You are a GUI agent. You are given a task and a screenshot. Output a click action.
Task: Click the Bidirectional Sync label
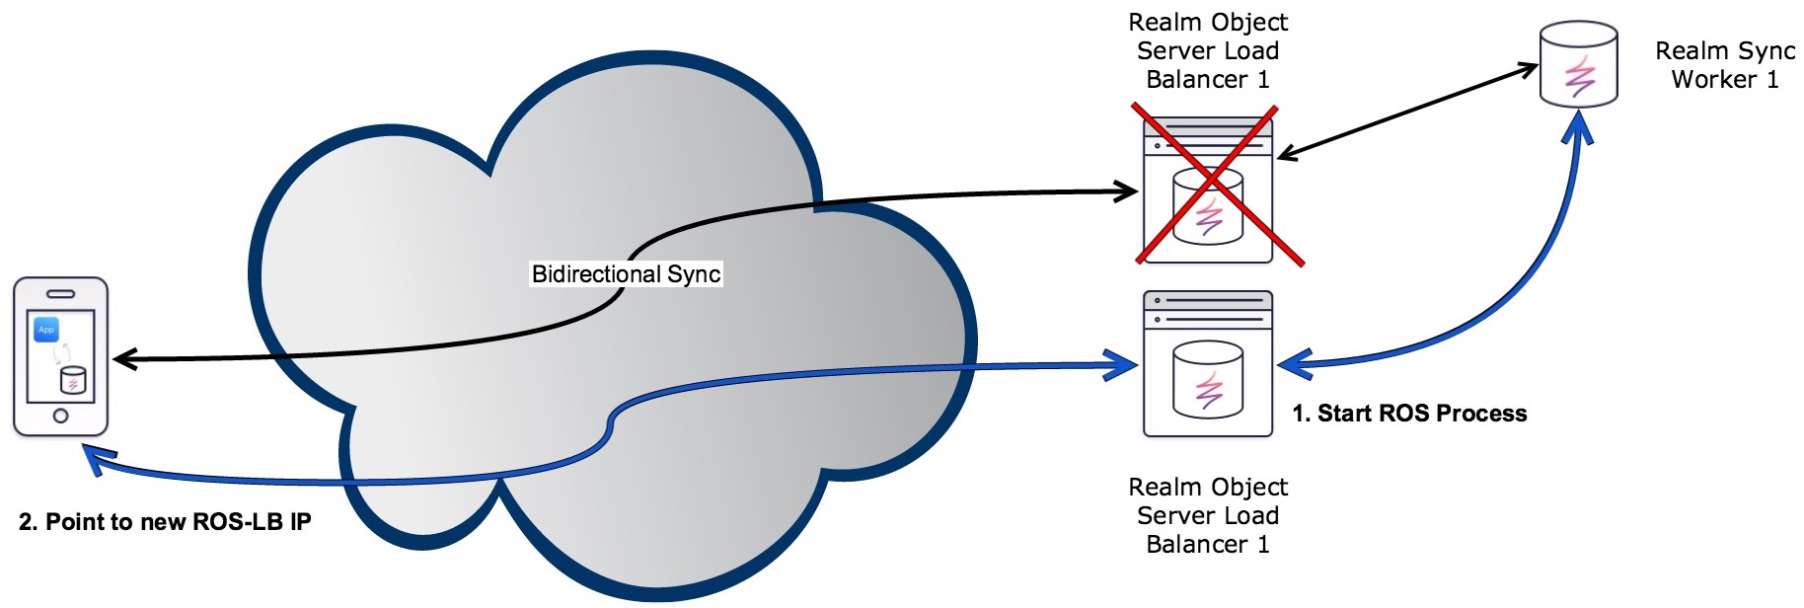pos(626,273)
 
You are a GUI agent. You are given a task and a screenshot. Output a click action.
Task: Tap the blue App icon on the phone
pos(46,329)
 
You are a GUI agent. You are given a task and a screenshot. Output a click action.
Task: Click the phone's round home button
pos(60,416)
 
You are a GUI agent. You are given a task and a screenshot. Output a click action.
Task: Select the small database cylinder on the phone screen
pos(73,380)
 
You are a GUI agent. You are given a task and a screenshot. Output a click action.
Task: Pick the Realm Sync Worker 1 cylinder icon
pos(1578,65)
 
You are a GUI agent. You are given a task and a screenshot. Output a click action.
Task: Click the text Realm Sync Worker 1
pos(1724,65)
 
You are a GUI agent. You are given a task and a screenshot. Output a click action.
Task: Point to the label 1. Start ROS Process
pos(1409,414)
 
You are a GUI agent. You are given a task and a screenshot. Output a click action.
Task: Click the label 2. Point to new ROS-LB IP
pos(165,522)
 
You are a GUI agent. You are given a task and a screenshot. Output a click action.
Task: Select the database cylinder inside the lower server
pos(1208,381)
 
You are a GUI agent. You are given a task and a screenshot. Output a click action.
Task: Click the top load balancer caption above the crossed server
pos(1207,50)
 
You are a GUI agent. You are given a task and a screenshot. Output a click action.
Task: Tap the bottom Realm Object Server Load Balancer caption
pos(1207,515)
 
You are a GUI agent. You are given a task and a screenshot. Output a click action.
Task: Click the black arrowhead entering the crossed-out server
pos(1128,191)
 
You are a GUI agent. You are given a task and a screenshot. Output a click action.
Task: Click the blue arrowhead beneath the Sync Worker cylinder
pos(1579,123)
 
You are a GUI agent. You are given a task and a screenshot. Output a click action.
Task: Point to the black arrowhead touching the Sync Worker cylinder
pos(1529,69)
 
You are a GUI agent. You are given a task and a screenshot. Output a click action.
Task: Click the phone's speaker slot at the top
pos(60,293)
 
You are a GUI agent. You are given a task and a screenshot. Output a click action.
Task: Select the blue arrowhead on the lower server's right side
pos(1291,364)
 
